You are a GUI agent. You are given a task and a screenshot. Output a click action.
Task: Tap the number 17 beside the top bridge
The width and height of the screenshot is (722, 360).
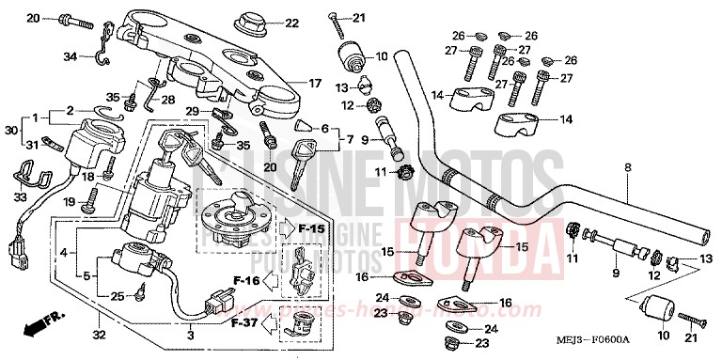(x=316, y=84)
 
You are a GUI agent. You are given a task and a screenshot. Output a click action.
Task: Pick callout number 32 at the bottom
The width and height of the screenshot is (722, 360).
(x=98, y=334)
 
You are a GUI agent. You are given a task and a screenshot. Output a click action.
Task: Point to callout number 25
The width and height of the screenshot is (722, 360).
(x=117, y=297)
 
